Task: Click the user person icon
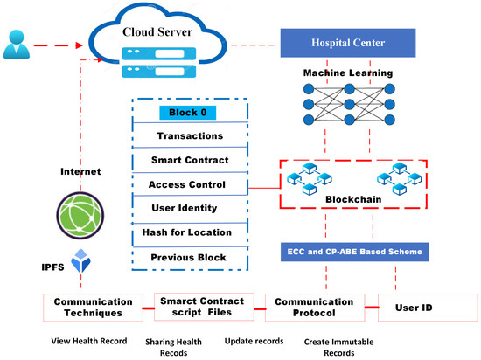(16, 43)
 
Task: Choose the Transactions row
(189, 136)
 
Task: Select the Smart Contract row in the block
(189, 161)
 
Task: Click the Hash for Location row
(187, 232)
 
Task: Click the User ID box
(428, 307)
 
